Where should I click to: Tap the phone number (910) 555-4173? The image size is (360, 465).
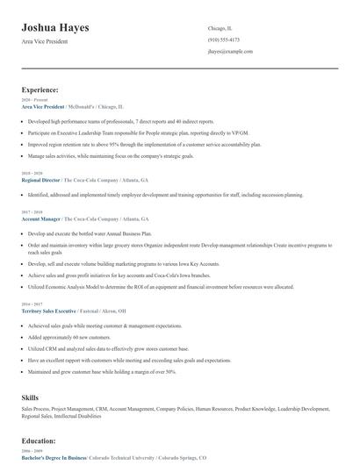tap(223, 39)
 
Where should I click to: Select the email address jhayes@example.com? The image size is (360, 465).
tap(230, 52)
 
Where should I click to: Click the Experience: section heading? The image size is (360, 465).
tap(40, 89)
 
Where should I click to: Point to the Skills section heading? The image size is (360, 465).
tap(31, 398)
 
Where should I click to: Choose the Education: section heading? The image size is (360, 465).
tap(40, 440)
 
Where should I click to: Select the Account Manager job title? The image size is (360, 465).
tap(41, 218)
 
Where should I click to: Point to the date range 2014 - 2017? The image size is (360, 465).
tap(31, 303)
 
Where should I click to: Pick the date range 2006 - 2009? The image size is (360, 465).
tap(31, 451)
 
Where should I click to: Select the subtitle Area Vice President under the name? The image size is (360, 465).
tap(46, 42)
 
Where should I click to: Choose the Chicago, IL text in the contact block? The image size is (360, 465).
tap(220, 28)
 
